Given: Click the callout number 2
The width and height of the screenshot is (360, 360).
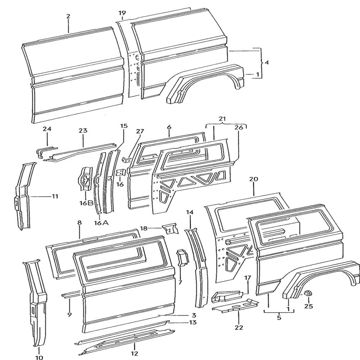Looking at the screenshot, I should [x=68, y=17].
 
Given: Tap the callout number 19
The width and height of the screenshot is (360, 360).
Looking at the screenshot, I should [x=122, y=13].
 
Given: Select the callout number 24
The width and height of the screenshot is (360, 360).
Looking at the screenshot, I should [x=47, y=130].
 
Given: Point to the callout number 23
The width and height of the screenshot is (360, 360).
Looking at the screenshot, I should [x=82, y=131].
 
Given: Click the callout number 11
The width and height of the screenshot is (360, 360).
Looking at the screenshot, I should [x=54, y=196].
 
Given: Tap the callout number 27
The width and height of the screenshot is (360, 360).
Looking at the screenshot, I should [x=139, y=131].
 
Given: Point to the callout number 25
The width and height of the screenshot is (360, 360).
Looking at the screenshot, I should [x=308, y=307].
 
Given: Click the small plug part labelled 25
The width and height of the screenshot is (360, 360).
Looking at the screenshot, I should [x=308, y=294].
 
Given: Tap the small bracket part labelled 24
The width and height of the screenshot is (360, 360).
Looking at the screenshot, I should [x=44, y=151].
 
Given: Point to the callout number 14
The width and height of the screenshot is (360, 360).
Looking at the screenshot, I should [x=189, y=212].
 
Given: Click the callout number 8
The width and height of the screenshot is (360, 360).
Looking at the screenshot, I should [x=79, y=223].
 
